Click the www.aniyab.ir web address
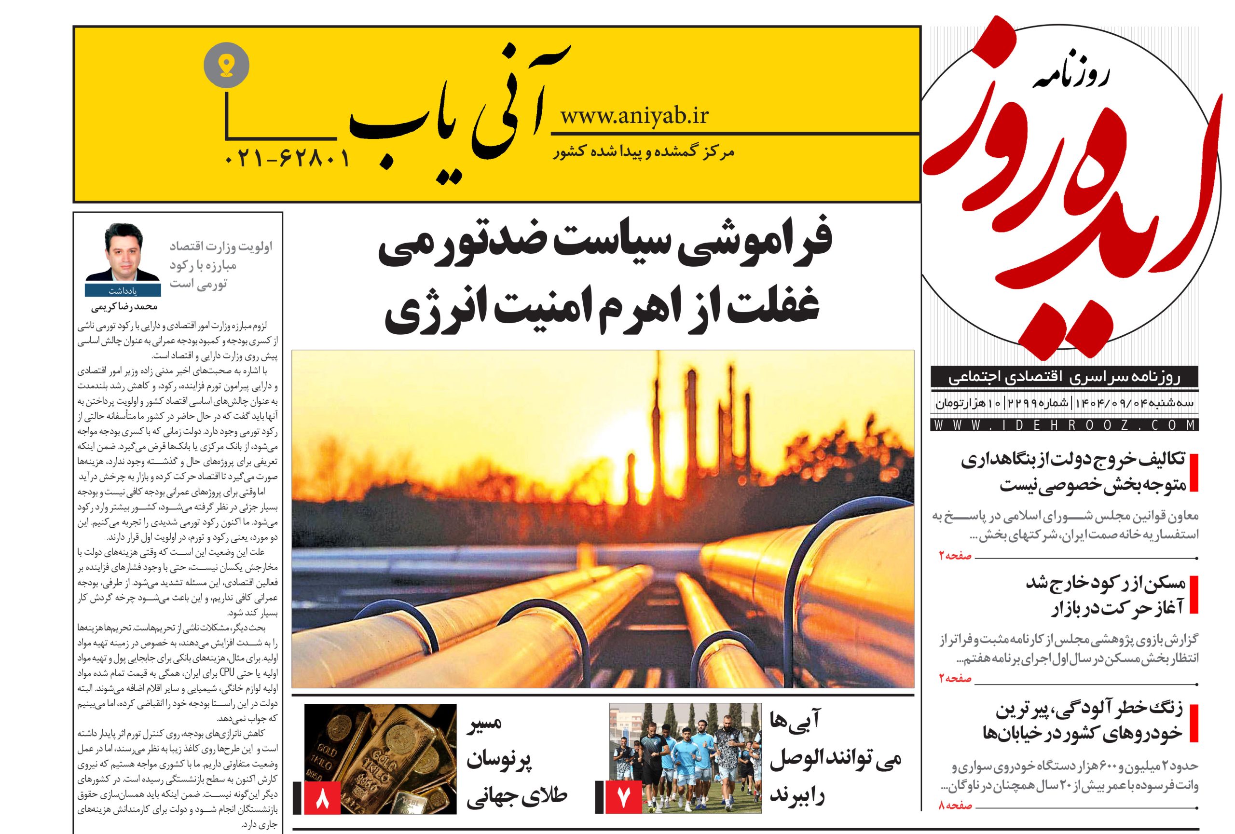634,116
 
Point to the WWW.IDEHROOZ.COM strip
1064,425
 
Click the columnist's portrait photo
123,252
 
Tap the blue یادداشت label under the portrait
123,291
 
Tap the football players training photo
686,759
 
